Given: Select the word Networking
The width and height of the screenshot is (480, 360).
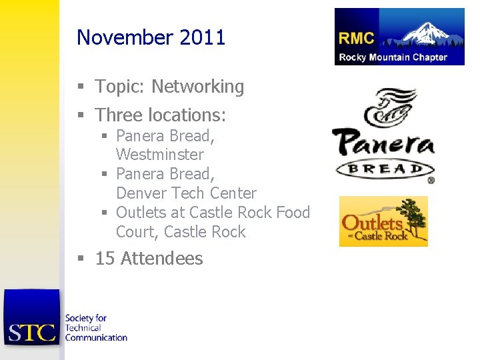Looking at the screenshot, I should coord(198,87).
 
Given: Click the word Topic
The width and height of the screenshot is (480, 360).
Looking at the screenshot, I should coord(121,87).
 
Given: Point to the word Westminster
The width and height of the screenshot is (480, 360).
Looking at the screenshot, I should coord(160,155).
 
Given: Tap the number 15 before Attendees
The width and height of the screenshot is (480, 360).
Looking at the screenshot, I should coord(105,259).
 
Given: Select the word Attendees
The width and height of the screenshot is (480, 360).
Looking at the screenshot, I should coord(162,259).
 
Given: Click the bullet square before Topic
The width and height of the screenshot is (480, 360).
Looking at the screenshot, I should coord(81,87).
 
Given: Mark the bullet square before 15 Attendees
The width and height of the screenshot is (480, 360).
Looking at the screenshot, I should coord(81,259).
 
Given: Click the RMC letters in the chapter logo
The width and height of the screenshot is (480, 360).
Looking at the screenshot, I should coord(357,38).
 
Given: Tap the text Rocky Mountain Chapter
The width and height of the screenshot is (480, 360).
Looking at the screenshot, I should coord(393,57).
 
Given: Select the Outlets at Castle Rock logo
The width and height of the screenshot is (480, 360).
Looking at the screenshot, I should coord(383,221).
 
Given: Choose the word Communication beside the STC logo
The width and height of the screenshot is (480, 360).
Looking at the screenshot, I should coord(96,337).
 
